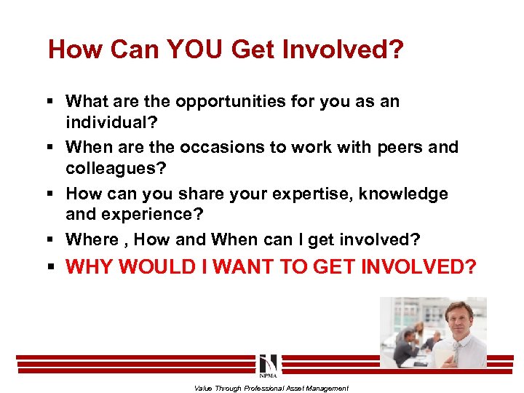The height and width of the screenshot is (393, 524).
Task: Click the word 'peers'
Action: (399, 147)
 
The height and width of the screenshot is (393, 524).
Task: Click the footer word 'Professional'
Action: (266, 388)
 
